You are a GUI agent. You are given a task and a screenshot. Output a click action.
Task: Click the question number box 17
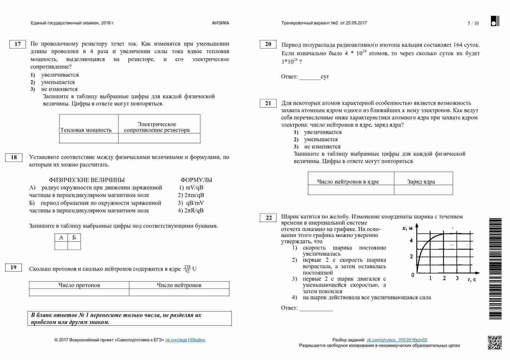click(17, 44)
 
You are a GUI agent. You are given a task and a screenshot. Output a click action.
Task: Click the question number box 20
click(268, 44)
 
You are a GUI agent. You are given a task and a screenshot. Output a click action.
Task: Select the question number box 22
click(268, 218)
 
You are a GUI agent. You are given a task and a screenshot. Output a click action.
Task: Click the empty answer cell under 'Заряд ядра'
click(423, 190)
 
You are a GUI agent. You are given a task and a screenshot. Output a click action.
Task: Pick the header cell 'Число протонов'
click(79, 285)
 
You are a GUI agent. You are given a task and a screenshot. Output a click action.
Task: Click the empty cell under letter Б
click(74, 246)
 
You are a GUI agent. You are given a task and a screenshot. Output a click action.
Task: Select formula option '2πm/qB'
click(191, 195)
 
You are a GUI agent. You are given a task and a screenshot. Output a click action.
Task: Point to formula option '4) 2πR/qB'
click(190, 211)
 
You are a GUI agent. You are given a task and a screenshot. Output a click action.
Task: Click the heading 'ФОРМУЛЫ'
click(196, 180)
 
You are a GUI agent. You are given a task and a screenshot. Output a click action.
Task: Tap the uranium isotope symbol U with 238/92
click(190, 269)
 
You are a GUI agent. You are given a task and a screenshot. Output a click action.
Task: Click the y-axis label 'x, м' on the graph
click(407, 228)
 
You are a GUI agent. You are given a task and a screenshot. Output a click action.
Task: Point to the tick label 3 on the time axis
click(457, 278)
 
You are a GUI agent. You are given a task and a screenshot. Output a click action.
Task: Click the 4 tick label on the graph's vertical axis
click(411, 241)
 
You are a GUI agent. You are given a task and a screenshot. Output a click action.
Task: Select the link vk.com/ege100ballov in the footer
click(185, 340)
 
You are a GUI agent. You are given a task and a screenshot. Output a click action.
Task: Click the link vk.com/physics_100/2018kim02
click(397, 340)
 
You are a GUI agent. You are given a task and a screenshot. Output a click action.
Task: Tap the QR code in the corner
click(494, 343)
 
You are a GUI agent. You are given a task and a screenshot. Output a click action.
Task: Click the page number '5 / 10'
click(473, 24)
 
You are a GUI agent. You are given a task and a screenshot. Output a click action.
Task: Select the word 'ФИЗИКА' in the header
click(220, 23)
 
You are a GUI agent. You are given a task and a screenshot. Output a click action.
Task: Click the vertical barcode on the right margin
click(495, 269)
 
